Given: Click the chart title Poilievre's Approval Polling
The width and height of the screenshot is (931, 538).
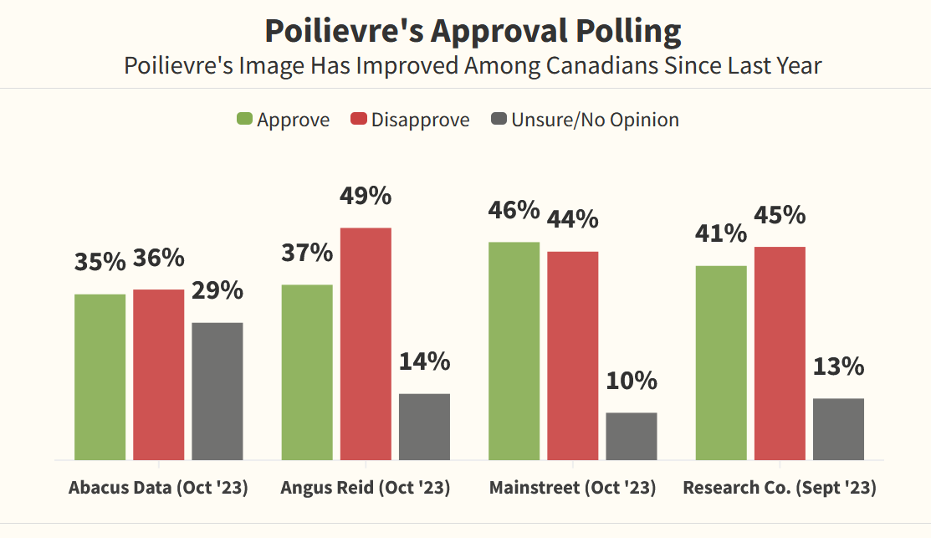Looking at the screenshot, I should tap(473, 31).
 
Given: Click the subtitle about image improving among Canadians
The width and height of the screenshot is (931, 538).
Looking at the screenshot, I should tap(473, 65).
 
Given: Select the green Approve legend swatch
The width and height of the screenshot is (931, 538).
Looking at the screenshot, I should tap(244, 120).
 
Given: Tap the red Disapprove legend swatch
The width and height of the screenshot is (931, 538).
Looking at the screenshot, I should tap(359, 120).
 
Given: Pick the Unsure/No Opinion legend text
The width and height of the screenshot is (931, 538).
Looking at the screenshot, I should tap(595, 120).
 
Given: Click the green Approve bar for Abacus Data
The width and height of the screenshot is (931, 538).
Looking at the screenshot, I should tap(100, 377).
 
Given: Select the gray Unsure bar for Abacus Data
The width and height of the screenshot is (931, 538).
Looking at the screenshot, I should tap(217, 391).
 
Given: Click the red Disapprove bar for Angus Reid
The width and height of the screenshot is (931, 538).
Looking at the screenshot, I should tap(366, 343).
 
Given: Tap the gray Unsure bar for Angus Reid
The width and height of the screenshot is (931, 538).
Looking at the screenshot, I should tap(424, 426).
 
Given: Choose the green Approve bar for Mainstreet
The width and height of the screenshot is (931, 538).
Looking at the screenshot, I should tap(514, 351).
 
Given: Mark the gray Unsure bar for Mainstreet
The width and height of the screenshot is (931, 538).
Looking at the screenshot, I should tap(632, 436).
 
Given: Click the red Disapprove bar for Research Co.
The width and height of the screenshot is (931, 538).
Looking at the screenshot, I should tap(780, 353).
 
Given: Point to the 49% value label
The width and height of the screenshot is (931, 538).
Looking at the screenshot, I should tap(366, 196).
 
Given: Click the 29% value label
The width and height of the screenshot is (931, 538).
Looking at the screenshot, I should tap(217, 290).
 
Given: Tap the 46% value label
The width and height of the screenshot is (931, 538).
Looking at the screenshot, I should tap(514, 209).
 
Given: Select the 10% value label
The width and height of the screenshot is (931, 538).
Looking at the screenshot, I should tap(632, 381).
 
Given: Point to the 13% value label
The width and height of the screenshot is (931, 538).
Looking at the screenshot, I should tap(838, 366).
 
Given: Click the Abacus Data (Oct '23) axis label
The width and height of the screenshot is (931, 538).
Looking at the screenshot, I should tap(158, 488).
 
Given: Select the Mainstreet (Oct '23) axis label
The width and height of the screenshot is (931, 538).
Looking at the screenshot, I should tap(572, 488).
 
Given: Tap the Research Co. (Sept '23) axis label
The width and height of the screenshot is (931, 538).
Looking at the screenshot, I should tap(780, 488).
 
